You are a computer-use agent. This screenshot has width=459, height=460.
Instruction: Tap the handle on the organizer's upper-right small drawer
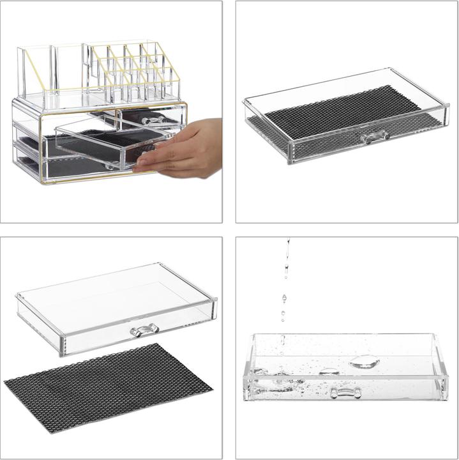click(151, 119)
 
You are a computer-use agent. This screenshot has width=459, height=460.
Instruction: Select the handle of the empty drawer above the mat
click(144, 330)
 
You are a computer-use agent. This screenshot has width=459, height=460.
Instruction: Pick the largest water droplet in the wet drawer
click(364, 362)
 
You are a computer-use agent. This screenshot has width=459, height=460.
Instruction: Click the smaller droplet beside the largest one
click(329, 371)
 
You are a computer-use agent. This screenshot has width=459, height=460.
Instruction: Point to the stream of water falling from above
click(285, 281)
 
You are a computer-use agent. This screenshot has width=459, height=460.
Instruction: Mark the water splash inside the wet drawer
click(275, 380)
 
